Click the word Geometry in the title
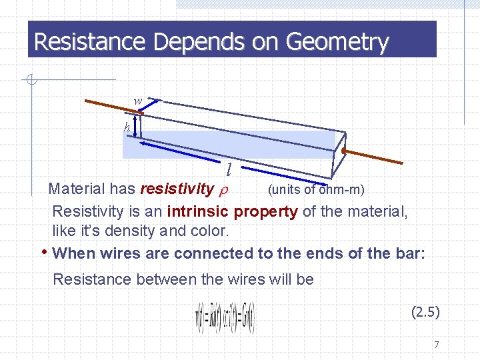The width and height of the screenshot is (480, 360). [337, 42]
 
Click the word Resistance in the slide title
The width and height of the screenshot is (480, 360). [90, 42]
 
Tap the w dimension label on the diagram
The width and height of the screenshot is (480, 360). [138, 101]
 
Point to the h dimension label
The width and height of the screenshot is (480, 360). [127, 127]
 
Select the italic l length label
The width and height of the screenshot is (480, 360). [228, 169]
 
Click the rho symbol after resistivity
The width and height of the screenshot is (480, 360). [223, 190]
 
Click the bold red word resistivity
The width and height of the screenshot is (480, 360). [175, 190]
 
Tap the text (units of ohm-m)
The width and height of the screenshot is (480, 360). [315, 190]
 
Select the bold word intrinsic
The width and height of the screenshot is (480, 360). [198, 212]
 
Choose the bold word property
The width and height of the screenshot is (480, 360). [265, 212]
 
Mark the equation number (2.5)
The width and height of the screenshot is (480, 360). [425, 311]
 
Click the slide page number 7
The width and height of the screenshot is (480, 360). [436, 345]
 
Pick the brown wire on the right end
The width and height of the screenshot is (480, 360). [373, 157]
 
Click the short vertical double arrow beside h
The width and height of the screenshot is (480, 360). [136, 127]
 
